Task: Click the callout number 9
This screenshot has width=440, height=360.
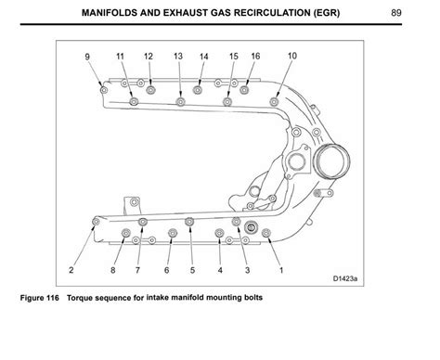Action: [89, 57]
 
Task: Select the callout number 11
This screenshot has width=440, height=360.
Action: [120, 57]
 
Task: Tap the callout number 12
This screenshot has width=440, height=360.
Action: [149, 57]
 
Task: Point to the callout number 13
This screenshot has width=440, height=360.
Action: [178, 57]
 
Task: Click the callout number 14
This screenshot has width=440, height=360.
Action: [204, 57]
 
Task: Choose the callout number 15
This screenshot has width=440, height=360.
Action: [234, 57]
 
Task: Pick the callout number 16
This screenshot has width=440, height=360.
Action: [255, 57]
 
